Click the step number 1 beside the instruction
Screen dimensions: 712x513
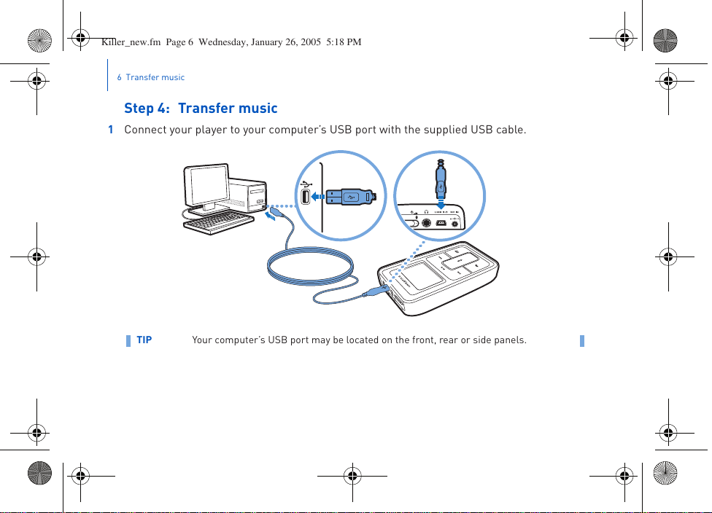pyautogui.click(x=111, y=130)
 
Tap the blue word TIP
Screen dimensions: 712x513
pyautogui.click(x=144, y=340)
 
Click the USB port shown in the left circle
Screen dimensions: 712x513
pyautogui.click(x=306, y=196)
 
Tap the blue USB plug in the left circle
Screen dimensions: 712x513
pyautogui.click(x=349, y=196)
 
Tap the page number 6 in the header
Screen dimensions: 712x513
pyautogui.click(x=119, y=77)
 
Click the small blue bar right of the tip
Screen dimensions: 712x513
pyautogui.click(x=582, y=340)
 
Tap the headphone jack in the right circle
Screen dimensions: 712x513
pyautogui.click(x=425, y=222)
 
